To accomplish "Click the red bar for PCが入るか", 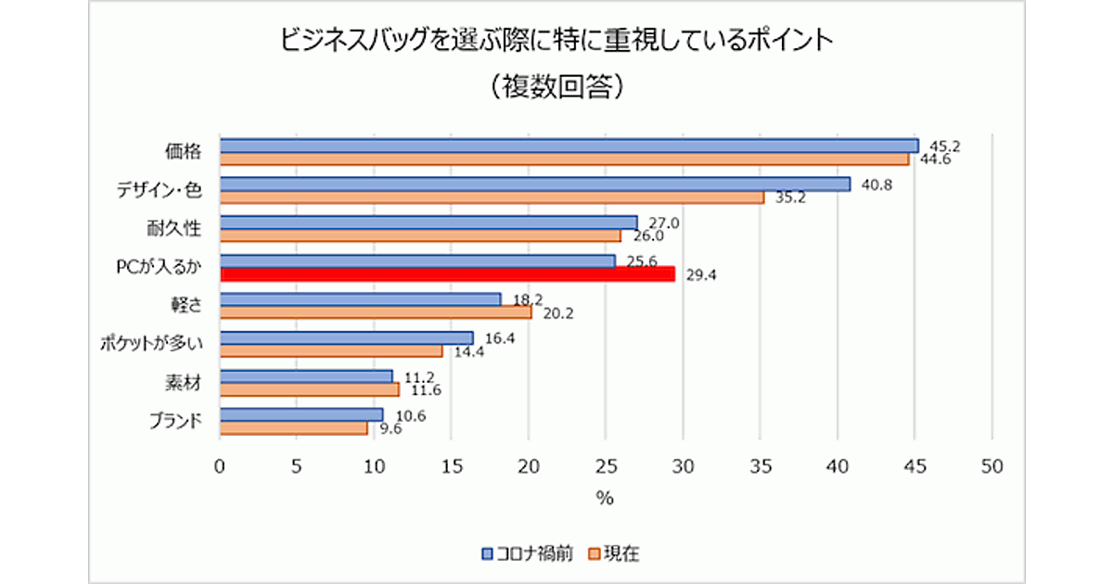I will click(x=447, y=274).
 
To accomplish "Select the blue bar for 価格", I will click(x=569, y=146).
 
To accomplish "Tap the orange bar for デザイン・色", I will click(x=492, y=197).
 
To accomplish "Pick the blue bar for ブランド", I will click(x=301, y=414).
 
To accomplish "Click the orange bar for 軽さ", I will click(x=376, y=312).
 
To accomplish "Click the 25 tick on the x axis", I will click(x=606, y=466).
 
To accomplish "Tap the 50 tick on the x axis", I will click(x=991, y=466).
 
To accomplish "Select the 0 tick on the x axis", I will click(x=220, y=466).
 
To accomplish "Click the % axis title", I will click(x=605, y=499).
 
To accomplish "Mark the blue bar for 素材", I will click(x=306, y=376).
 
